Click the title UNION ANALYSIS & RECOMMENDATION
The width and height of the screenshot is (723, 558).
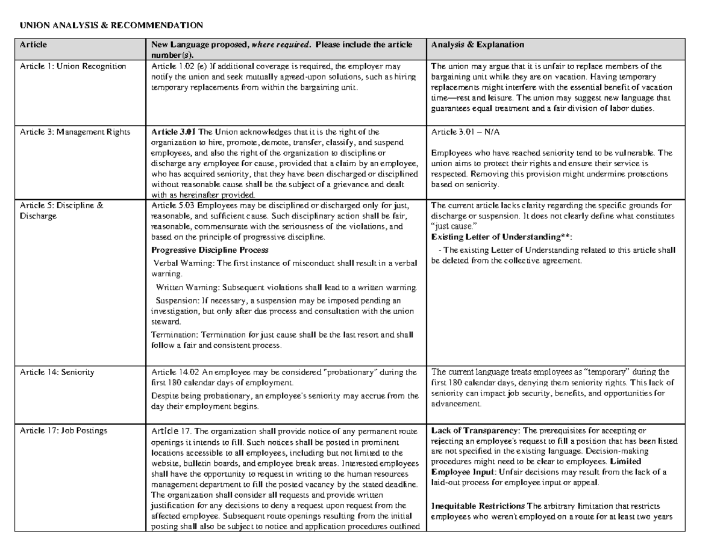point(111,25)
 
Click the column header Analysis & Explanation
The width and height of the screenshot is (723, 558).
point(478,45)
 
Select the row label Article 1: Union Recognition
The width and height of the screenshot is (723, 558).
point(73,66)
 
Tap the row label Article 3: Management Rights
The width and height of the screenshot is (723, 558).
point(75,132)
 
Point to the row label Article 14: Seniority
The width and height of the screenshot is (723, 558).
point(57,372)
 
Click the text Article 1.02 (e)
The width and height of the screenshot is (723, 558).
point(177,66)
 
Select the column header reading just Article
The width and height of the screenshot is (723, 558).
point(33,45)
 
